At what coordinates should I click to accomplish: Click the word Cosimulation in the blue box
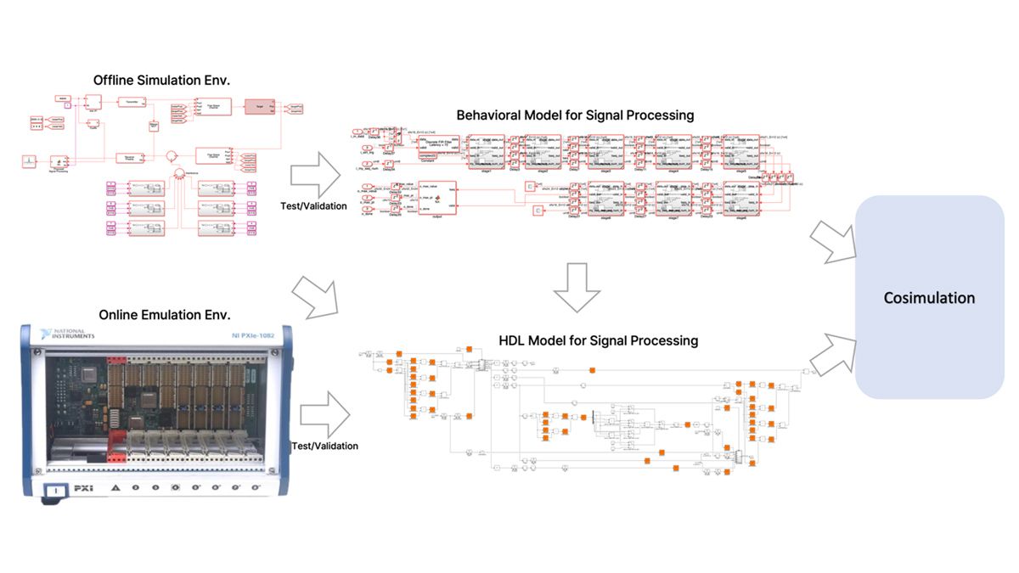click(x=929, y=298)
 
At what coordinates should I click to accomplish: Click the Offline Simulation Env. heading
click(x=162, y=81)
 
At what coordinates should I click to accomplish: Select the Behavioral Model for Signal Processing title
click(x=575, y=115)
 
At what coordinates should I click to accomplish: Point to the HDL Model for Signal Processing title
click(x=599, y=340)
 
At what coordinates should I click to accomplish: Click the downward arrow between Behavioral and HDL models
click(x=577, y=286)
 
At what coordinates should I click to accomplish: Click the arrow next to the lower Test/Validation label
click(x=325, y=417)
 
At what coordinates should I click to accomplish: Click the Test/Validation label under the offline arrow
click(x=313, y=205)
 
